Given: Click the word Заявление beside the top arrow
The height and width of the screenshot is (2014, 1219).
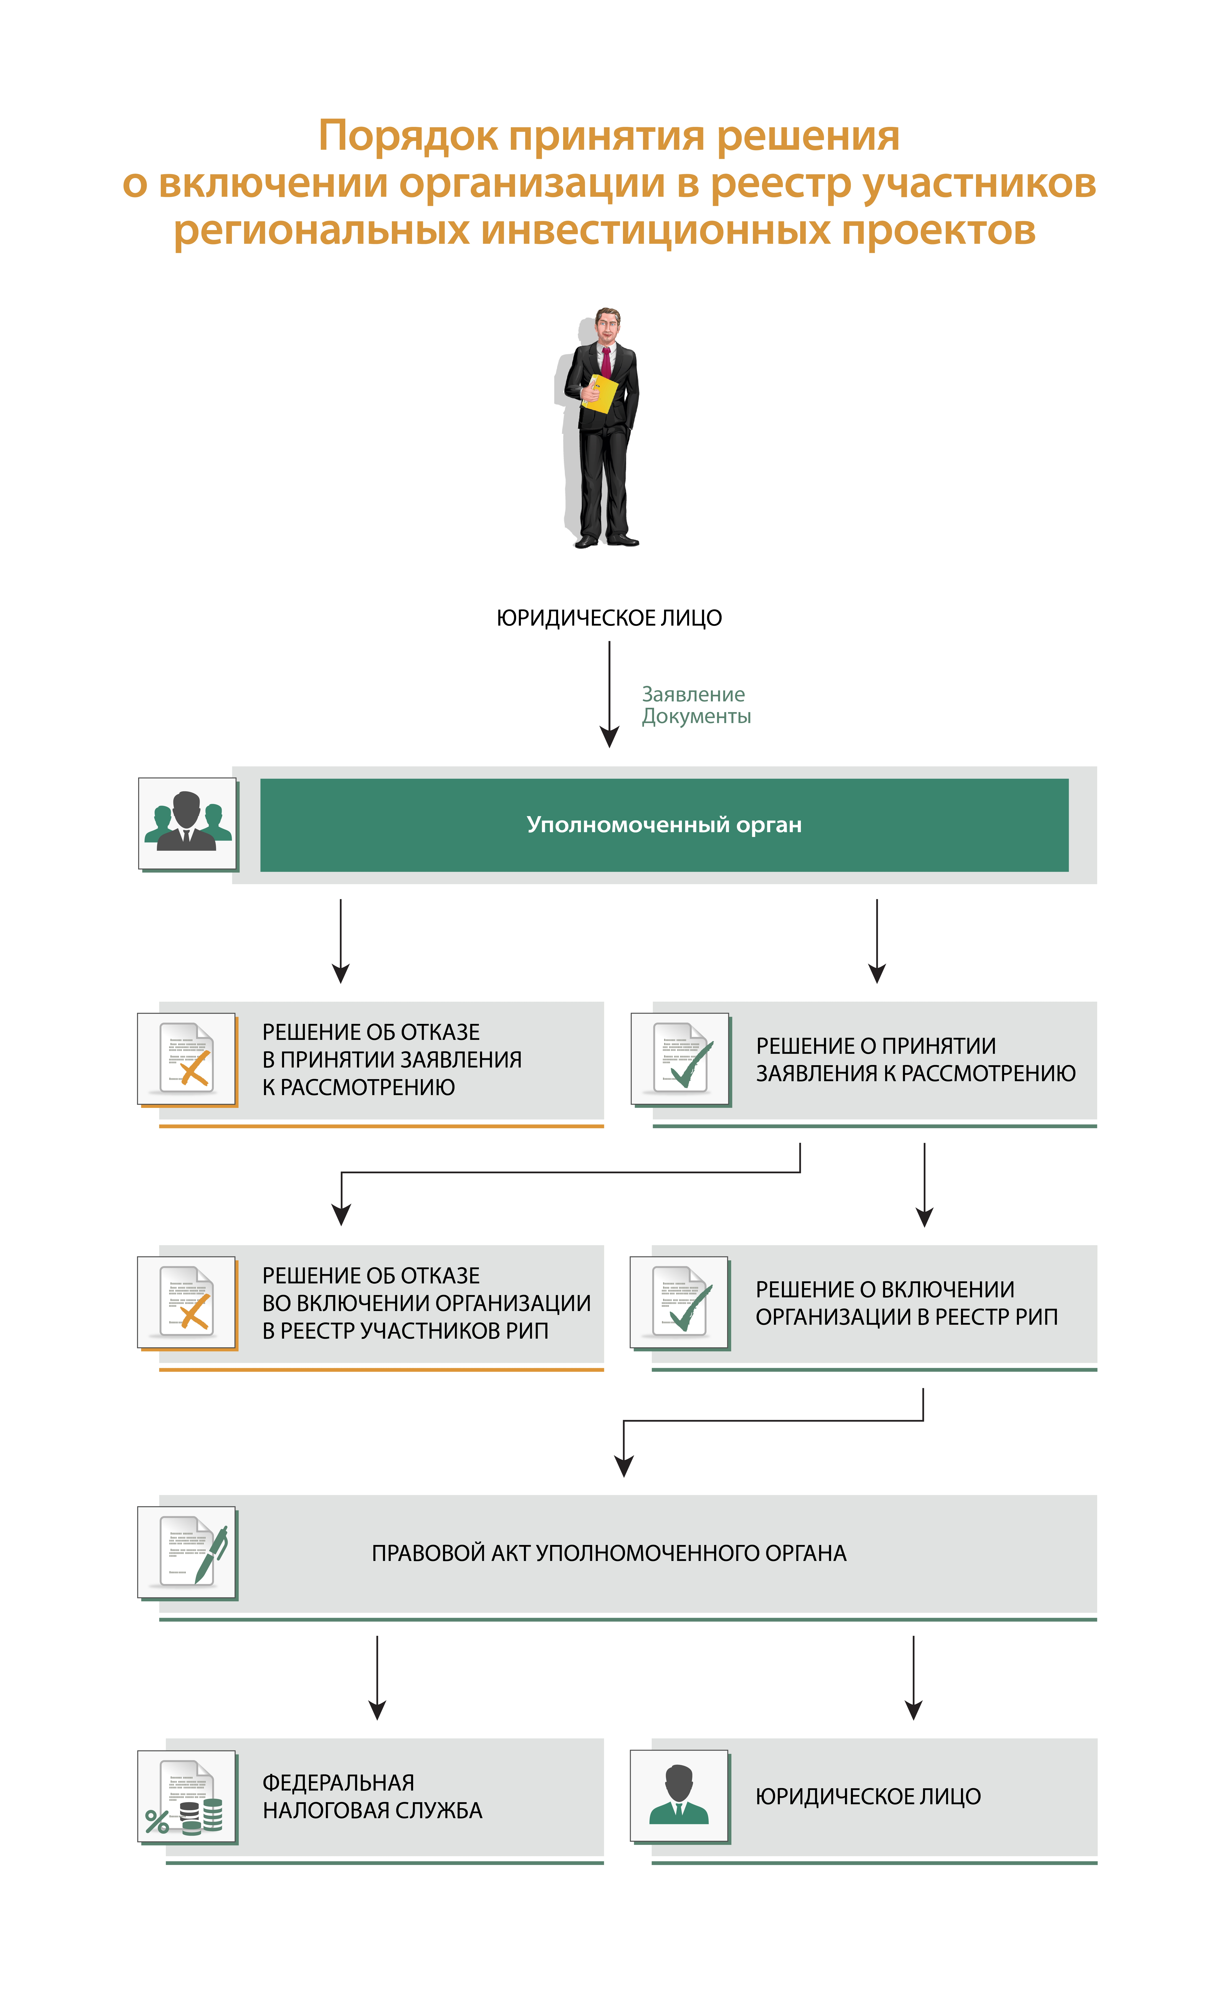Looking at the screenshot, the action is point(693,695).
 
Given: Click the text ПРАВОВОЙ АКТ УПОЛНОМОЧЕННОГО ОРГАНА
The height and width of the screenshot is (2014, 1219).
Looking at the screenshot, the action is point(609,1553).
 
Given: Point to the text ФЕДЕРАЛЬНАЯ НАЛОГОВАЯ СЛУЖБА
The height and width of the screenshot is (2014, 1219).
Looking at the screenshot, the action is point(372,1796).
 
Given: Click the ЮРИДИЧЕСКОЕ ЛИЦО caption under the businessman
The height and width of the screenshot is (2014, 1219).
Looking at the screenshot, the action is point(609,618).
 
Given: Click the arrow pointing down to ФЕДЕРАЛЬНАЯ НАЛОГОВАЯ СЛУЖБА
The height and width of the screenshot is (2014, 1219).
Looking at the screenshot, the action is point(377,1678).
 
